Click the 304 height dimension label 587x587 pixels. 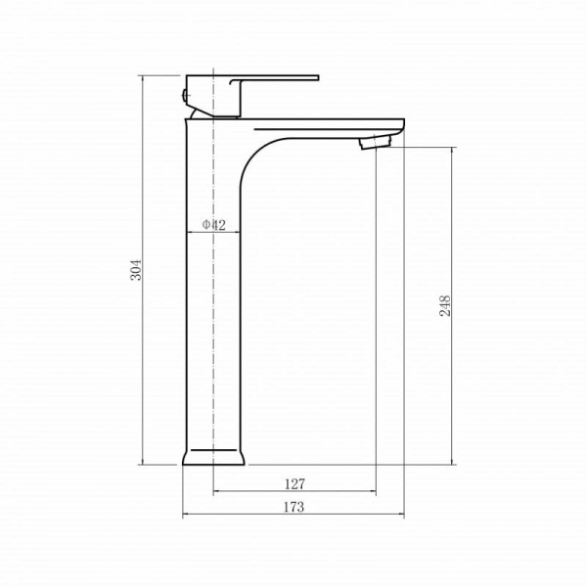click(x=136, y=270)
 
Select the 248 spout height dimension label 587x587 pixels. click(x=445, y=306)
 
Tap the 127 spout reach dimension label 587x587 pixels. click(x=295, y=484)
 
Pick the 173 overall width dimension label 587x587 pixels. click(x=293, y=507)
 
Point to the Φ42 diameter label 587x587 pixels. click(x=214, y=225)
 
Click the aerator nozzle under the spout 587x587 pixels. click(x=375, y=142)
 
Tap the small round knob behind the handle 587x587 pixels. click(x=184, y=95)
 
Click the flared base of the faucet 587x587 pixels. click(x=213, y=457)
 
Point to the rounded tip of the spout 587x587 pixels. click(x=402, y=127)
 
